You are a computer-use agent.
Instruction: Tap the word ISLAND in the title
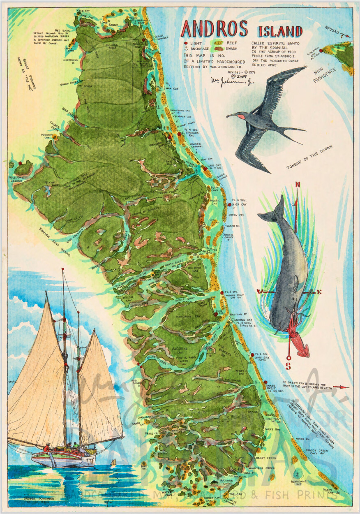(280, 31)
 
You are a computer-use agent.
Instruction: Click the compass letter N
(297, 184)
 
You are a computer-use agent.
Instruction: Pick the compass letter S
(288, 366)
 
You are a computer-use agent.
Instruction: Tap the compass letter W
(259, 292)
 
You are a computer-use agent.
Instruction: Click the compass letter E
(319, 292)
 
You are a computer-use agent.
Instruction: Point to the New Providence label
(325, 75)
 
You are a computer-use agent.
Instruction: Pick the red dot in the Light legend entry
(186, 43)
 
